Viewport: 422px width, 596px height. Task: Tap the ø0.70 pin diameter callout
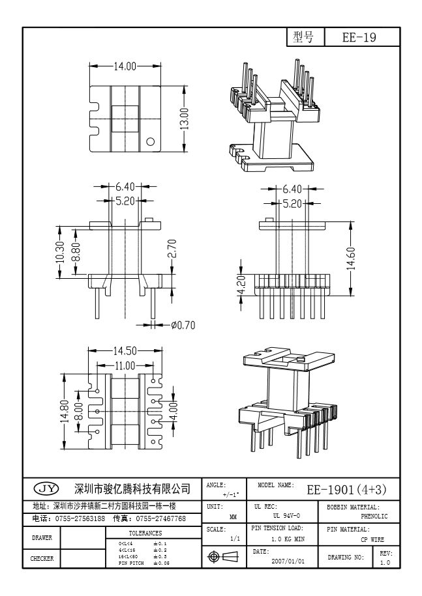pyautogui.click(x=183, y=324)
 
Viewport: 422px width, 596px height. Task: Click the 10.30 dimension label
pyautogui.click(x=60, y=251)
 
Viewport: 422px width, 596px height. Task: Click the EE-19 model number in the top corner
pyautogui.click(x=359, y=38)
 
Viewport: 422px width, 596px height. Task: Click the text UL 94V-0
pyautogui.click(x=286, y=515)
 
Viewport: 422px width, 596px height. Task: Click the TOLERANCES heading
pyautogui.click(x=145, y=532)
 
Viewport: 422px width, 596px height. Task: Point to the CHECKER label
pyautogui.click(x=42, y=558)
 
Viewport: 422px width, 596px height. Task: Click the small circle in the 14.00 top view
pyautogui.click(x=150, y=141)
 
